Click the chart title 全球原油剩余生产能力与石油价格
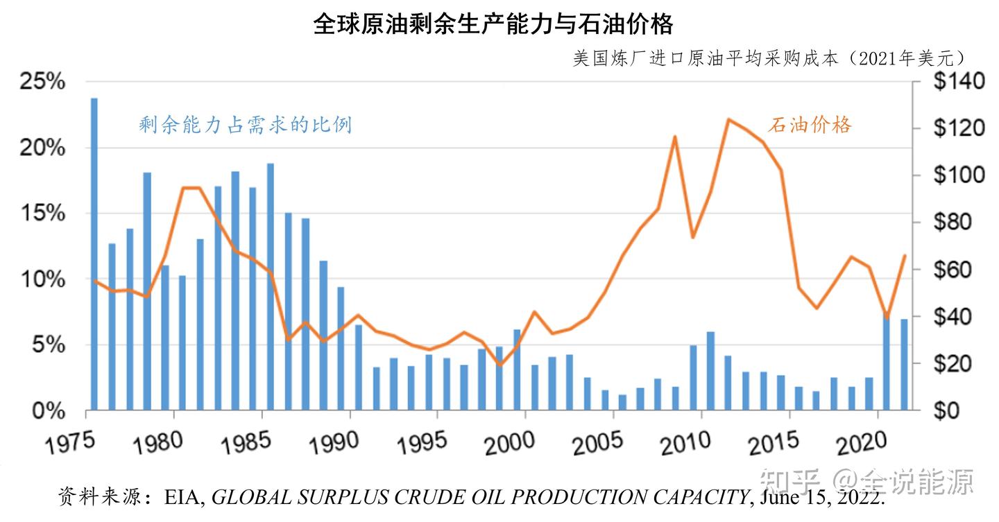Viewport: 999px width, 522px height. tap(493, 24)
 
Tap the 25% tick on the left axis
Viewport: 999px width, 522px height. tap(41, 82)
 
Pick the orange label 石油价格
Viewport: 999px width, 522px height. tap(810, 125)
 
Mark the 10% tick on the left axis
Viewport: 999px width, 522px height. tap(41, 280)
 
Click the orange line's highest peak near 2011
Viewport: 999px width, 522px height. tap(728, 119)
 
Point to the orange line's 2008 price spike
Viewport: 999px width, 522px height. tap(674, 137)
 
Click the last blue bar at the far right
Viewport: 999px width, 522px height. tap(904, 365)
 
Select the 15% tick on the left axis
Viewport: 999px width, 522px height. tap(41, 214)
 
